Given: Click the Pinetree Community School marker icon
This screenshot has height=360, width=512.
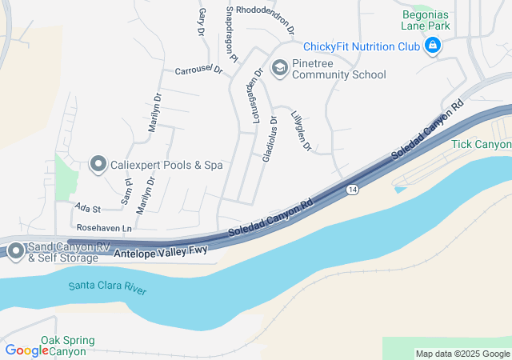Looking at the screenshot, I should tap(279, 68).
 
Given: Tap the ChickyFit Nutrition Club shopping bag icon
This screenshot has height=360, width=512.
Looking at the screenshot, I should tap(433, 46).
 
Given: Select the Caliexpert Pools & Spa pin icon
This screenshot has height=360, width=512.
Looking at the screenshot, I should tap(98, 165).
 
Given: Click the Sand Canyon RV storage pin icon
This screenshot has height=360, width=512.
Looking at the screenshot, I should tap(15, 250).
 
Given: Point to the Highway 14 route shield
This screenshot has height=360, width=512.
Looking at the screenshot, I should tap(352, 189).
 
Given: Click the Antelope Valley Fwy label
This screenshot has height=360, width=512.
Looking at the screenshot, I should tap(161, 252).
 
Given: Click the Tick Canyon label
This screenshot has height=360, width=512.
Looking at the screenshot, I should tap(480, 144).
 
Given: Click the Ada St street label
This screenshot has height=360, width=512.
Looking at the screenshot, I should tap(86, 208).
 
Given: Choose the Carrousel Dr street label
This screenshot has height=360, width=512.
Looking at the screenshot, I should tap(198, 70).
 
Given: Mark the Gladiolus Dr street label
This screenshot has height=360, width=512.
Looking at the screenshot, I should tap(270, 139).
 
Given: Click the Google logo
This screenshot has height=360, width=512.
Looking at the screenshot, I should tap(27, 350).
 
